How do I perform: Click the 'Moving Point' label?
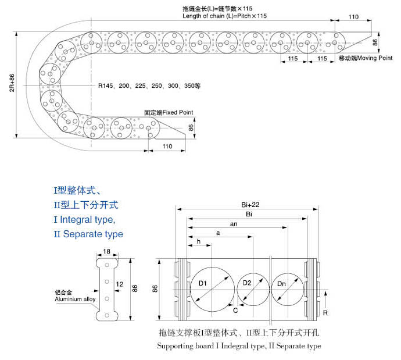click(374, 58)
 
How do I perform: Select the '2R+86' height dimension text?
click(12, 83)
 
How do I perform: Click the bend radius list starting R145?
click(149, 85)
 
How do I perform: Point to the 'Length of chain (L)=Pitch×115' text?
click(224, 16)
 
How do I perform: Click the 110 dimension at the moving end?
click(353, 17)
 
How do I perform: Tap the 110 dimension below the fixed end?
click(167, 147)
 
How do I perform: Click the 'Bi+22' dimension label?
click(250, 205)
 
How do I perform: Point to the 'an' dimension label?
click(234, 224)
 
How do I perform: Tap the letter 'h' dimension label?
click(198, 241)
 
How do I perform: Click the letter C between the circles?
click(235, 311)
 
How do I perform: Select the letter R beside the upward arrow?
click(325, 313)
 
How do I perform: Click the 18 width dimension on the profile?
click(107, 251)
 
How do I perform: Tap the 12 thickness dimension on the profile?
click(120, 284)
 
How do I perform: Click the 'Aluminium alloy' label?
click(75, 299)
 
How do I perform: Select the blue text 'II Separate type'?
click(88, 234)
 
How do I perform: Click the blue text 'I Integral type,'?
click(85, 220)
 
